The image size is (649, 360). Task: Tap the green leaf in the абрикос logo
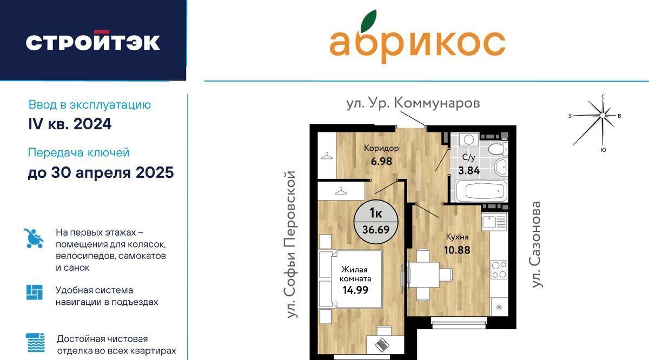tap(368, 21)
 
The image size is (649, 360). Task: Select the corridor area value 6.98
tap(381, 161)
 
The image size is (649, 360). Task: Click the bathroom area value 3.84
tap(469, 170)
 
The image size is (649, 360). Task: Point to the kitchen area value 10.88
tap(457, 250)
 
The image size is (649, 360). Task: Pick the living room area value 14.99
tap(355, 290)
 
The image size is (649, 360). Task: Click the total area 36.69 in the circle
tap(376, 230)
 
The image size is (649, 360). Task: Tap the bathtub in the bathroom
tap(481, 191)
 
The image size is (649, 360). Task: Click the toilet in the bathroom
tap(498, 149)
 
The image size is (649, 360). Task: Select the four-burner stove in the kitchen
tap(499, 269)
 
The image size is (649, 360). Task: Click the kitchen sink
tap(494, 222)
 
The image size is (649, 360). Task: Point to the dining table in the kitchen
tap(423, 275)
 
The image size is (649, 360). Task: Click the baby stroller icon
tap(34, 238)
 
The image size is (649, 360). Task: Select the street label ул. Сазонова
tap(537, 245)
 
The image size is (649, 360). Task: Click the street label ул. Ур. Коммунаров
tap(413, 103)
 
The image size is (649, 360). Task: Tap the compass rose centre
tap(602, 116)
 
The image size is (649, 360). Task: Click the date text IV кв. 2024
tap(70, 124)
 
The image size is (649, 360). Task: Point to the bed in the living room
tap(350, 279)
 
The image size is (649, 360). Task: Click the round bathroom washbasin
tap(501, 168)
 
